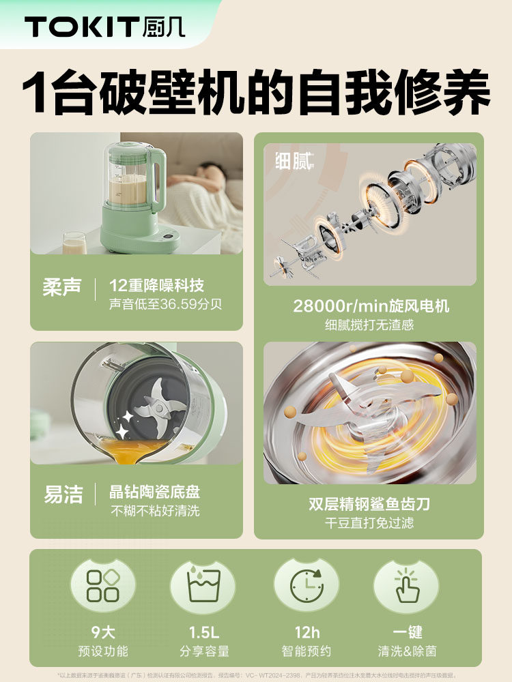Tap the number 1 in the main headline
35,92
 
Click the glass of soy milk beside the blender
74,242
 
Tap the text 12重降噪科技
156,286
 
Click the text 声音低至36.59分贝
165,304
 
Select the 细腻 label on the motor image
294,161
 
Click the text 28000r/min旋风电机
371,306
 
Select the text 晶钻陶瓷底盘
154,492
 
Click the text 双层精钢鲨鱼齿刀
369,505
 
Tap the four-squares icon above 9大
102,584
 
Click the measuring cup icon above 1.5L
203,585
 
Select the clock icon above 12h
307,584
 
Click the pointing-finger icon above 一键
406,584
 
